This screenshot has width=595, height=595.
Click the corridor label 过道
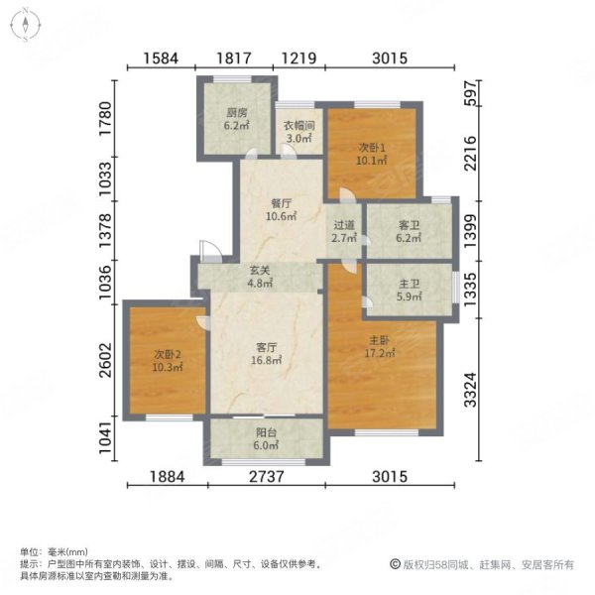coord(344,224)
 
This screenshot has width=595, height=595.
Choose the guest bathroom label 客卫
coord(410,225)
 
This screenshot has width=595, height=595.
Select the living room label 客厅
coord(265,347)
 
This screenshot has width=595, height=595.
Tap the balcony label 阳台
coord(266,431)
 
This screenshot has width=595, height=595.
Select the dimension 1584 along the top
coord(160,59)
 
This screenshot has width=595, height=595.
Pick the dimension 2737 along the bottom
coord(266,477)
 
